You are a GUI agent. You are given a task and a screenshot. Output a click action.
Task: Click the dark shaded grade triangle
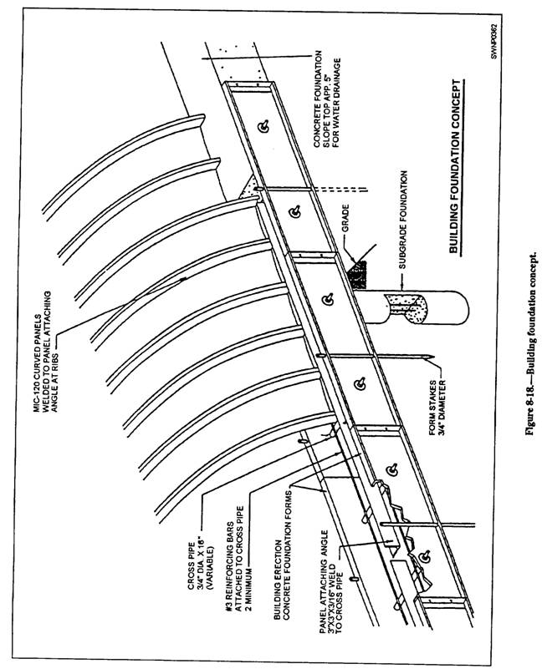pos(365,271)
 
